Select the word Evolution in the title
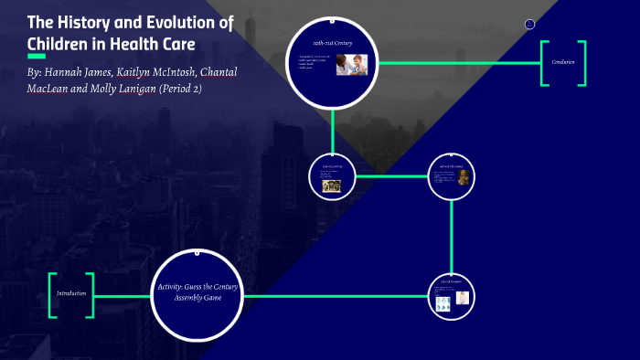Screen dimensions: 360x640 point(199,23)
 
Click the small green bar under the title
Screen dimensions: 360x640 point(37,57)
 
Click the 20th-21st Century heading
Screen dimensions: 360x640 point(332,43)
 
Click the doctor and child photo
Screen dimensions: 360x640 point(351,64)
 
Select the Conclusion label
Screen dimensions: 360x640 point(562,63)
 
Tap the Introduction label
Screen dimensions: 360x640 point(70,293)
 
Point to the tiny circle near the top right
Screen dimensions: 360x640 point(528,24)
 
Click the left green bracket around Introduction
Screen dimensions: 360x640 point(52,295)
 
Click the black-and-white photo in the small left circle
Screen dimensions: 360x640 point(331,185)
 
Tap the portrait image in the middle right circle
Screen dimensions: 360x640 point(464,177)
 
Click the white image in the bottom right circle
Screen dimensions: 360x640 point(463,298)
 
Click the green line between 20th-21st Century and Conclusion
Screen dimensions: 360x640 point(457,63)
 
